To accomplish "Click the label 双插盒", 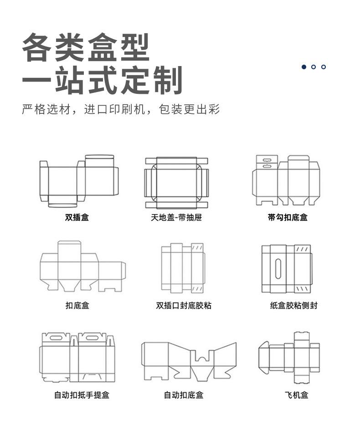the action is pyautogui.click(x=77, y=218).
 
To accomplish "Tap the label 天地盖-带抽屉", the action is pyautogui.click(x=176, y=218).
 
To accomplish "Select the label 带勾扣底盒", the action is pyautogui.click(x=288, y=218).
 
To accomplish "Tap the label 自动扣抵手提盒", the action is pyautogui.click(x=82, y=395).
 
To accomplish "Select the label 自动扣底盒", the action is pyautogui.click(x=184, y=395).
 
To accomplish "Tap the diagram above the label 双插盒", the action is pyautogui.click(x=78, y=181).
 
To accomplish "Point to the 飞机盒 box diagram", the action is pyautogui.click(x=289, y=358).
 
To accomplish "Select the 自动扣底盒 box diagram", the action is pyautogui.click(x=189, y=361).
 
